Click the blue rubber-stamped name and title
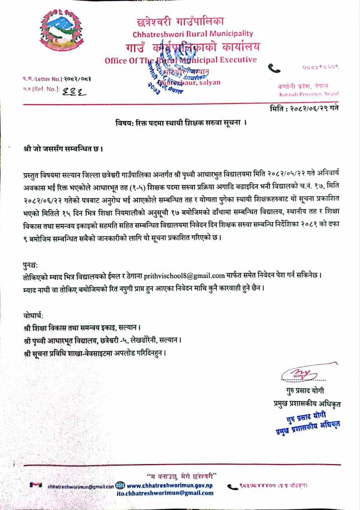(306, 421)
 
